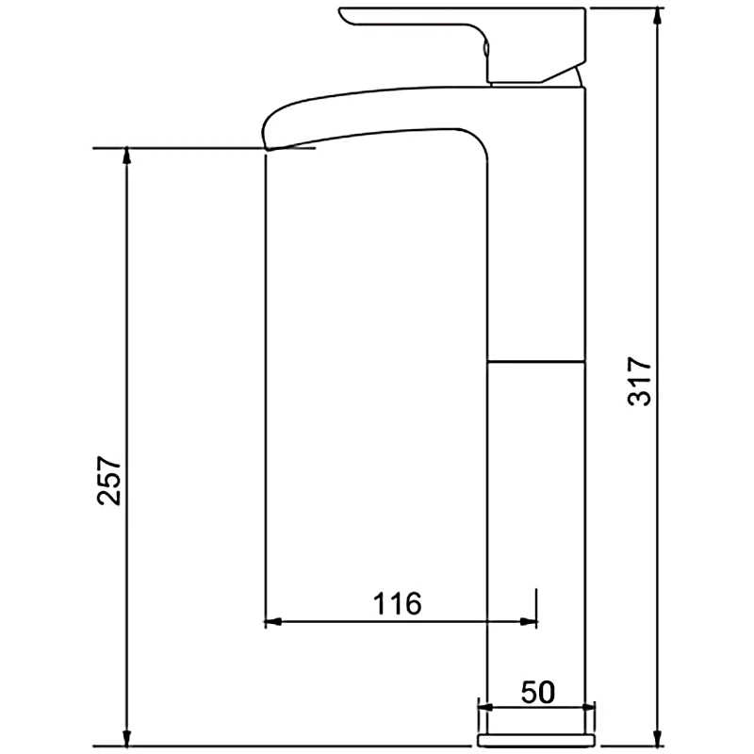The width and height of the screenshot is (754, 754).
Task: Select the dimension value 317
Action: coord(640,382)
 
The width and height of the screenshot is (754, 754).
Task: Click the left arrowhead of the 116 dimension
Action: coord(272,621)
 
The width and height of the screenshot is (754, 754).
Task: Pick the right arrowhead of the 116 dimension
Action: coord(528,621)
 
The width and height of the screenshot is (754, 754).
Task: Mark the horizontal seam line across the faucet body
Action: coord(536,360)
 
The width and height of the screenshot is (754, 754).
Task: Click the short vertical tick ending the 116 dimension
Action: coord(536,608)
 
